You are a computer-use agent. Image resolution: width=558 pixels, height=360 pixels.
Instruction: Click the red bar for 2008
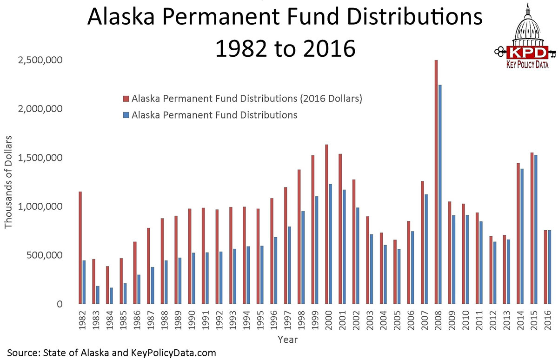click(x=436, y=182)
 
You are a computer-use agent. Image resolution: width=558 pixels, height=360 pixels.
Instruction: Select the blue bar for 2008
click(x=440, y=194)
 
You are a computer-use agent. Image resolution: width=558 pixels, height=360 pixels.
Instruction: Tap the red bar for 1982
click(x=80, y=247)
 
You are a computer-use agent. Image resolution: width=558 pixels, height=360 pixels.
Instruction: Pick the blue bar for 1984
click(x=111, y=296)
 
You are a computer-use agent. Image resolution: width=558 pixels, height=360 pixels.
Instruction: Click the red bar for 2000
click(x=326, y=224)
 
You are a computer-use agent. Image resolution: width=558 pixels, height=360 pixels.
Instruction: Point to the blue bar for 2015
click(x=536, y=229)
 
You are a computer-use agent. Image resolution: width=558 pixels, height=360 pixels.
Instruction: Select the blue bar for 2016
click(x=549, y=267)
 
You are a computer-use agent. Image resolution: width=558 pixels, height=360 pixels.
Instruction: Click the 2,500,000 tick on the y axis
click(x=40, y=60)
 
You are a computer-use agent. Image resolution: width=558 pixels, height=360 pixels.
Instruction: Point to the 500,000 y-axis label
click(x=44, y=255)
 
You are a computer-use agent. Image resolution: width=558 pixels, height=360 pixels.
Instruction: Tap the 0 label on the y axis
click(x=60, y=304)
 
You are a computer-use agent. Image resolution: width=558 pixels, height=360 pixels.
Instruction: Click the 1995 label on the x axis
click(x=260, y=320)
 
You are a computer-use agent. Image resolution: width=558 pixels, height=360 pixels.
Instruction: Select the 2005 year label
click(x=397, y=320)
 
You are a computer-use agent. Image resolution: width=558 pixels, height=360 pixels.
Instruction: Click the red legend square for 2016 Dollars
click(x=126, y=99)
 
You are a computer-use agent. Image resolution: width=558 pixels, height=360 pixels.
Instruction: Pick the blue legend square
click(x=126, y=115)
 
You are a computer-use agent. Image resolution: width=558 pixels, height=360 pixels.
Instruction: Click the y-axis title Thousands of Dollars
click(x=8, y=182)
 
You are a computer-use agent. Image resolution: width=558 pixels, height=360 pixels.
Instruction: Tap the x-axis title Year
click(x=288, y=340)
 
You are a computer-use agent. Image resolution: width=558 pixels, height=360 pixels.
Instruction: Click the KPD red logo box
click(x=527, y=52)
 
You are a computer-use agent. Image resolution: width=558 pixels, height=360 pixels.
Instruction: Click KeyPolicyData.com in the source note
click(x=173, y=353)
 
